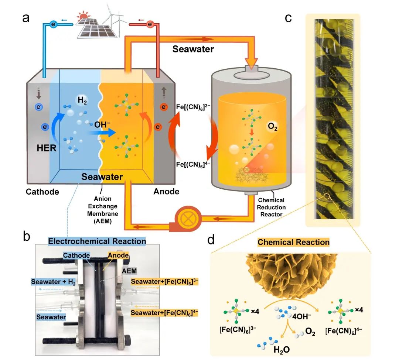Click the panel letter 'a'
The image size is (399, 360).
tap(26, 18)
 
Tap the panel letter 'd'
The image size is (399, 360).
tap(211, 240)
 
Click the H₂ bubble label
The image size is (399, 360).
tap(82, 100)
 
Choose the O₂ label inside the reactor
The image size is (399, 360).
tap(273, 127)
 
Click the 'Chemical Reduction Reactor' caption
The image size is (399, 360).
tap(271, 207)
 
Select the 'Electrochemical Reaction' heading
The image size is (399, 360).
tap(97, 241)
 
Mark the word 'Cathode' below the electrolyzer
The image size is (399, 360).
tap(42, 192)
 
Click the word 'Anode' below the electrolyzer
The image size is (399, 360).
tap(167, 191)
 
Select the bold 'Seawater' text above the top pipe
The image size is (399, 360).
tap(193, 49)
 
